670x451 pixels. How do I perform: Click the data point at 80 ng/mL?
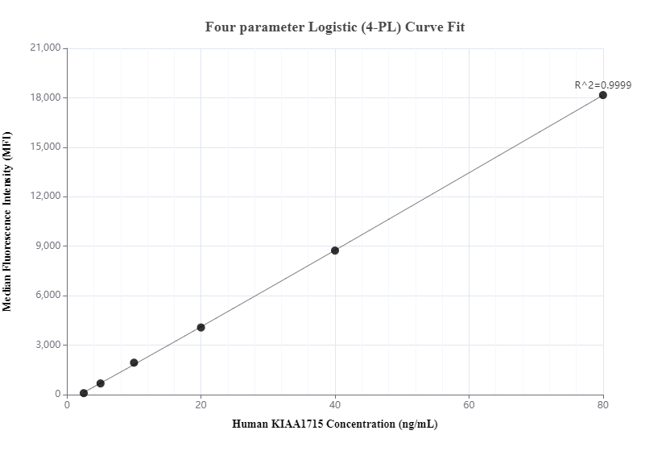(x=602, y=95)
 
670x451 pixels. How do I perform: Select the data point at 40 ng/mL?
(x=335, y=250)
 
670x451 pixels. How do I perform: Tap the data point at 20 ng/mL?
(x=201, y=327)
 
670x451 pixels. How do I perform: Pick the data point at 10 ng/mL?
(x=134, y=362)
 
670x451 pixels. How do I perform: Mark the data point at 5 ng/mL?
(x=101, y=383)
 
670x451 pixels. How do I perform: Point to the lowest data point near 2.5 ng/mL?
(x=84, y=393)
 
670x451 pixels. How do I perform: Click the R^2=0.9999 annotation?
(x=602, y=84)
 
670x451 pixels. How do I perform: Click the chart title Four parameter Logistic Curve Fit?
(x=335, y=27)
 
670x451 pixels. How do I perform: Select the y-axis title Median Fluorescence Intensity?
(x=8, y=221)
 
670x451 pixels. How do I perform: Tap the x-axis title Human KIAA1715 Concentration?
(x=335, y=424)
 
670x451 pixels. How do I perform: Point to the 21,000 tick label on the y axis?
(x=44, y=48)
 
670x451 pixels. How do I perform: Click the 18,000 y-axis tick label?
(x=44, y=97)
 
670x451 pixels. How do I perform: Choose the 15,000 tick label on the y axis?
(x=44, y=147)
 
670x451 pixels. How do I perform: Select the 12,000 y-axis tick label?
(x=44, y=197)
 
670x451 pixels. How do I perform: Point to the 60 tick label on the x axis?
(x=469, y=405)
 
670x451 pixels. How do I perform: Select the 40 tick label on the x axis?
(x=335, y=405)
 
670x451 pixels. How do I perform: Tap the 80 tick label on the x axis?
(x=602, y=405)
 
